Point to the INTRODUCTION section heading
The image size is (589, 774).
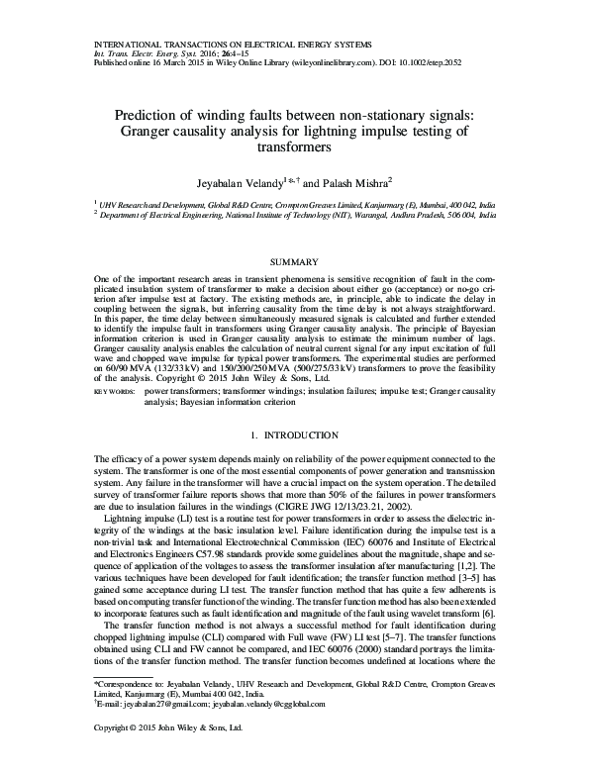(300, 436)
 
